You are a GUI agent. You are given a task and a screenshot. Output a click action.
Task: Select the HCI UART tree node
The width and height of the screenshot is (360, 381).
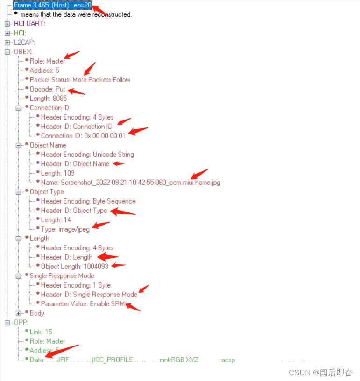tap(30, 24)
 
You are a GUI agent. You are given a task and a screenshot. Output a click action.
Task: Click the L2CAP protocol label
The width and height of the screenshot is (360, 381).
tap(24, 42)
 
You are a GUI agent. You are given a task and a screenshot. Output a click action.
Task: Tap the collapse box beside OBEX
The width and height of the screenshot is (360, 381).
tap(7, 52)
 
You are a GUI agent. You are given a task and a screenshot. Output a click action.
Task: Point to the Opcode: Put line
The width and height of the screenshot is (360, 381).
tap(47, 89)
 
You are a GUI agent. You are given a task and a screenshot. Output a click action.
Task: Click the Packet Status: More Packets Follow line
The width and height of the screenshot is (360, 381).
tap(80, 80)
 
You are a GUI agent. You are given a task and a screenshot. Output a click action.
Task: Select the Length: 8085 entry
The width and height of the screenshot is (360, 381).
tap(48, 99)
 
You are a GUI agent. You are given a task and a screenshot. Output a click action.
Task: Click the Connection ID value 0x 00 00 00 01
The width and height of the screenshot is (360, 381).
tap(83, 136)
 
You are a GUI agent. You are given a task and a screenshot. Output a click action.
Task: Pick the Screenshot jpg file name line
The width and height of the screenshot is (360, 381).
tap(130, 183)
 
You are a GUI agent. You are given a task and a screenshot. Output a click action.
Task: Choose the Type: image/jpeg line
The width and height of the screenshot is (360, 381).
tap(65, 229)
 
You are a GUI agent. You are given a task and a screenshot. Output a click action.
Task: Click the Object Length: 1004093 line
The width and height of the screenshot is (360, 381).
tap(75, 267)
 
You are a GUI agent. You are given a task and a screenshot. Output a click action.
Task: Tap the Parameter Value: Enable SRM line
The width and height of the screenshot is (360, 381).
tap(83, 304)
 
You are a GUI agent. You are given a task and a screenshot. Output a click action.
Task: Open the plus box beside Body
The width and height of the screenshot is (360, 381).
tap(19, 313)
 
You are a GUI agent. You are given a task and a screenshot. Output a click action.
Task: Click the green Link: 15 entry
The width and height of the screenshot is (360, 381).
tap(41, 332)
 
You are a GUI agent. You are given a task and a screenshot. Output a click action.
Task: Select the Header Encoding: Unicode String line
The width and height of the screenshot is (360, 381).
tap(87, 155)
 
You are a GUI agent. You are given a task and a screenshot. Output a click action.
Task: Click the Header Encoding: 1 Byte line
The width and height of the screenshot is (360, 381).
tap(76, 285)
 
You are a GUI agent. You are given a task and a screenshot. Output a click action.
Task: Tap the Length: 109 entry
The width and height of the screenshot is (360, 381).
tap(57, 173)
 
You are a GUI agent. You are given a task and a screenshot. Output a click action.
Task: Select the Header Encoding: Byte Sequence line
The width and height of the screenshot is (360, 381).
tap(88, 201)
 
